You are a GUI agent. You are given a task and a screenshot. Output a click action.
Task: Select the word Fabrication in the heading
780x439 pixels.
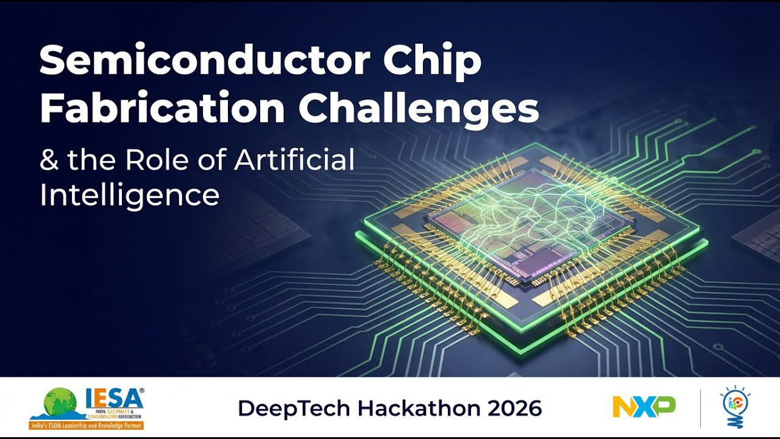[162, 109]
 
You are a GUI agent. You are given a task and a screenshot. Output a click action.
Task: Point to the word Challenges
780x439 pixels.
[419, 109]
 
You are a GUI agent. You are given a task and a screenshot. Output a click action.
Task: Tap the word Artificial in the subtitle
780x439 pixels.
[294, 160]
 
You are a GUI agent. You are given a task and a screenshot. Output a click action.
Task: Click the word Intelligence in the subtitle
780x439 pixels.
[129, 195]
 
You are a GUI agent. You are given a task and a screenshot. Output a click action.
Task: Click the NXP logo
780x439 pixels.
[643, 407]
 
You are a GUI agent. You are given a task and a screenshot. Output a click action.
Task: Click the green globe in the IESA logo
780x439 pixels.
[61, 403]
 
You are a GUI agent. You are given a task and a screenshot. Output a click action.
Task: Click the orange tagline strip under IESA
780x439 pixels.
[86, 424]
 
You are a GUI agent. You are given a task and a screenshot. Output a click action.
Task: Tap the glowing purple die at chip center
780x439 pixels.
[524, 232]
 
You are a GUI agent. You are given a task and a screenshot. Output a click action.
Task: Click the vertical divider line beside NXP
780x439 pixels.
[700, 408]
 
